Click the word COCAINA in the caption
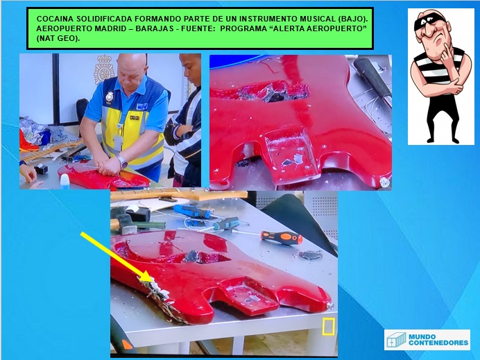pos(55,19)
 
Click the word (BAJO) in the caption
pos(352,19)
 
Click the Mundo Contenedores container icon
pos(396,340)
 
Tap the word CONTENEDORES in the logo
pos(438,343)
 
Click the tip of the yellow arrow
pos(152,282)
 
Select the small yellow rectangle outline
pos(328,326)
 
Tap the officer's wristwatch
pos(122,161)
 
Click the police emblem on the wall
pos(104,69)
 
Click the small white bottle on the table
pos(65,181)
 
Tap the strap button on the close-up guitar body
pos(384,182)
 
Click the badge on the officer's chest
pos(110,96)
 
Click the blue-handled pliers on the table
pos(193,211)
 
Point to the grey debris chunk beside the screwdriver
pos(311,255)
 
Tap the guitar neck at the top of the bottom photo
pos(179,196)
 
